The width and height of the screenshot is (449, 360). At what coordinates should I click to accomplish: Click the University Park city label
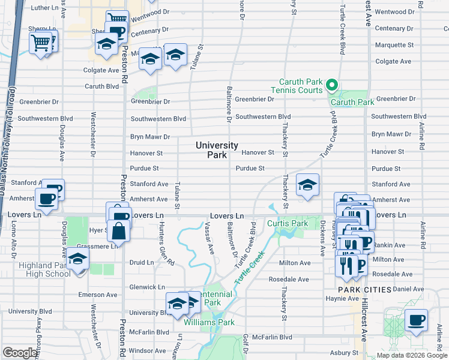[x=217, y=150]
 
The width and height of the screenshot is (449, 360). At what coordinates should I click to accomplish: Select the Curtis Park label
[x=288, y=224]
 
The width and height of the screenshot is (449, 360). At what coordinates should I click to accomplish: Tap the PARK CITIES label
[x=364, y=290]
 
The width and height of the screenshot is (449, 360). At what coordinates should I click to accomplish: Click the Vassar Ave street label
[x=210, y=240]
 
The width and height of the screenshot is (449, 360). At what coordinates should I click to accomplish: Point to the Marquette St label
[x=394, y=45]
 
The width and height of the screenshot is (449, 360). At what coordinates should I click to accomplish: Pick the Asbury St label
[x=342, y=353]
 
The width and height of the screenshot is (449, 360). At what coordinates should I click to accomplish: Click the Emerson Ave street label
[x=98, y=295]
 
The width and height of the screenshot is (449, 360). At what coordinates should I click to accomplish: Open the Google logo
[x=20, y=353]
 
